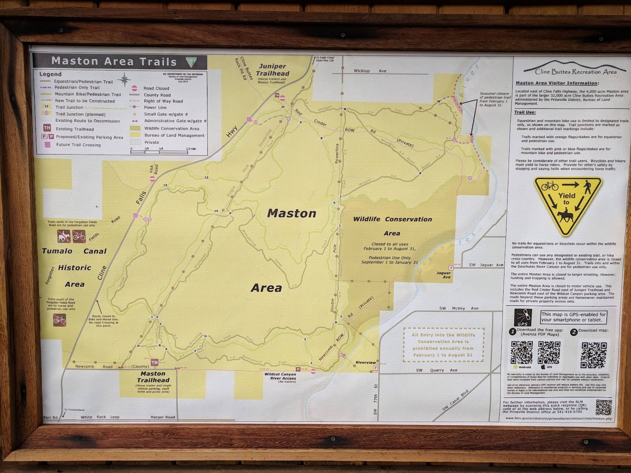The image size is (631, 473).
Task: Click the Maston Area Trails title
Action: pyautogui.click(x=114, y=61)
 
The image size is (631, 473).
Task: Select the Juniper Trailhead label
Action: pyautogui.click(x=273, y=70)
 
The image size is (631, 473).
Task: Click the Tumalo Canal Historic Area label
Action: pyautogui.click(x=75, y=268)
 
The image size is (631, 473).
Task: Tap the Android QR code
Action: pyautogui.click(x=521, y=352)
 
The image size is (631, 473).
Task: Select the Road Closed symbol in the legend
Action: pyautogui.click(x=134, y=88)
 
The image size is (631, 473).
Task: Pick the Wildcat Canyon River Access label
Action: pyautogui.click(x=280, y=376)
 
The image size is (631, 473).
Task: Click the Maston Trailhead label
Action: pyautogui.click(x=153, y=376)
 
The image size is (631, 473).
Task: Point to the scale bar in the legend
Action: pyautogui.click(x=164, y=151)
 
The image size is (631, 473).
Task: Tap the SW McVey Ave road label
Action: pyautogui.click(x=459, y=308)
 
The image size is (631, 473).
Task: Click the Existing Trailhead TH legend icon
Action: pyautogui.click(x=47, y=128)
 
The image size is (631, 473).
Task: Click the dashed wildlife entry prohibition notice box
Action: pyautogui.click(x=443, y=345)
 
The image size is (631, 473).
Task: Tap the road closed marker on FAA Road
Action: pyautogui.click(x=153, y=179)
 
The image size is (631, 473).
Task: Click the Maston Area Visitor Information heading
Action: pyautogui.click(x=556, y=83)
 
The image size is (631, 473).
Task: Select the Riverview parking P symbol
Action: pyautogui.click(x=375, y=369)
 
